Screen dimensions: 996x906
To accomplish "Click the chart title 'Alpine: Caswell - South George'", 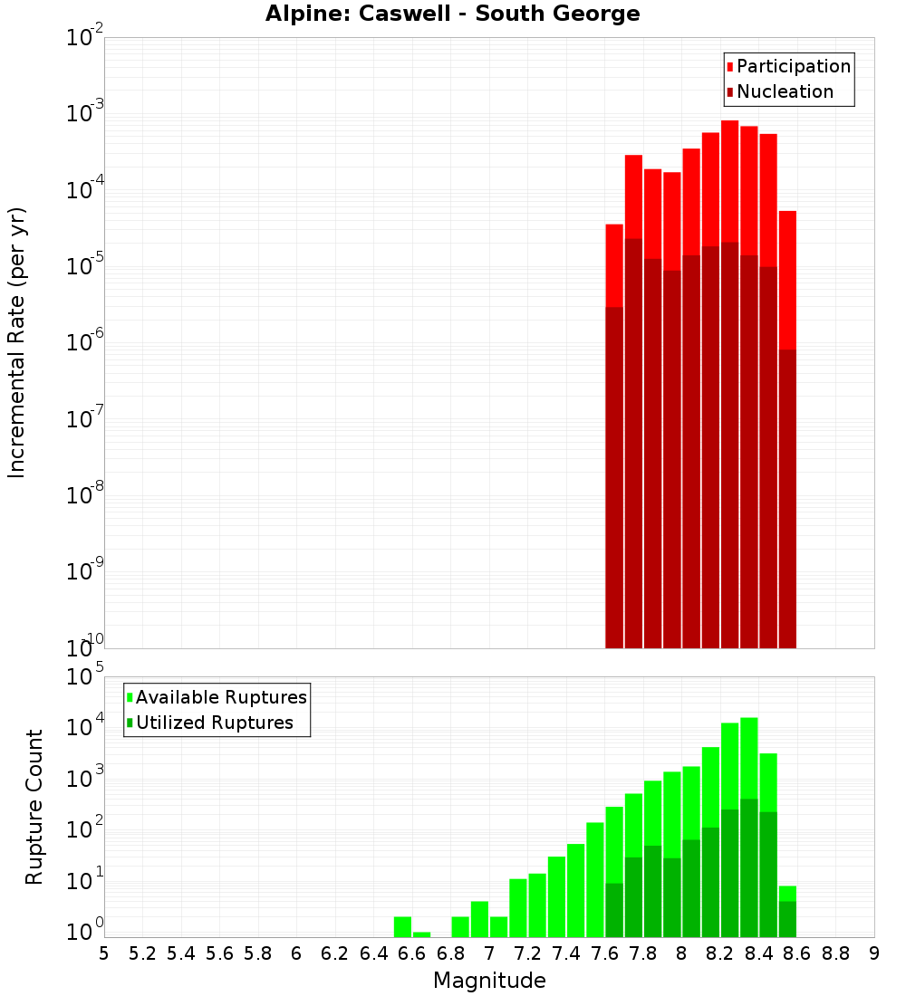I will pyautogui.click(x=452, y=14).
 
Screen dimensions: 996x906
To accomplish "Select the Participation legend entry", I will pyautogui.click(x=793, y=66).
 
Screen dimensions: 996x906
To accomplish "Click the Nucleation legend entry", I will pyautogui.click(x=784, y=91).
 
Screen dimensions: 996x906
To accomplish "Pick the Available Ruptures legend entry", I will pyautogui.click(x=220, y=697).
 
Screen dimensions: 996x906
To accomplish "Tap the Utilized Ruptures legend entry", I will pyautogui.click(x=214, y=723).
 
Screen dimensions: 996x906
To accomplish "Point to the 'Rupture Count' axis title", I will pyautogui.click(x=34, y=807).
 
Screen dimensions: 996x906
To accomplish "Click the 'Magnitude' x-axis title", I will pyautogui.click(x=489, y=981).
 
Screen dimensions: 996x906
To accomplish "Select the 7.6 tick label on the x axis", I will pyautogui.click(x=605, y=953).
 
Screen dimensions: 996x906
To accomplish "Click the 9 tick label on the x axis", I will pyautogui.click(x=873, y=953).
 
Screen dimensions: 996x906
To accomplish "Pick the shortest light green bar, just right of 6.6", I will pyautogui.click(x=421, y=934).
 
